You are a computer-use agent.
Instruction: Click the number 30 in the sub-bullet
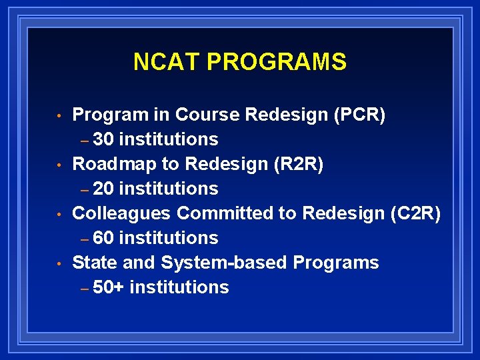[104, 139]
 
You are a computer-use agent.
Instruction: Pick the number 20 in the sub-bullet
[104, 189]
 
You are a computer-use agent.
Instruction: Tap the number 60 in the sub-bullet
[104, 238]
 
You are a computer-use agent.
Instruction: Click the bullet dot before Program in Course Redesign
[59, 116]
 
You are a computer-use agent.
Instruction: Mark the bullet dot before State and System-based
[59, 264]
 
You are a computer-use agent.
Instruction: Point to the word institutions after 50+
[179, 287]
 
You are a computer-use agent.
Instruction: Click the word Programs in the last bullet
[336, 263]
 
